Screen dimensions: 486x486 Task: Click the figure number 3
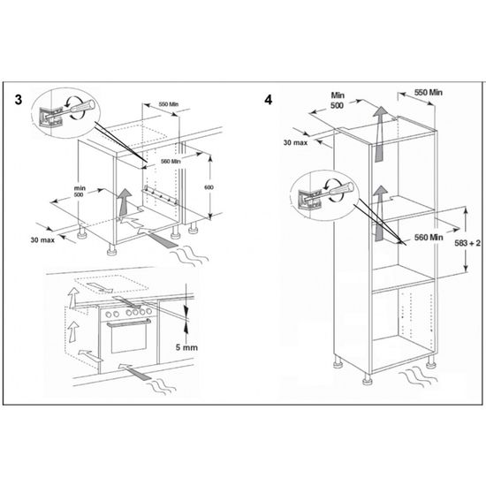pyautogui.click(x=19, y=100)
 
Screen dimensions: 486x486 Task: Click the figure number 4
pyautogui.click(x=269, y=100)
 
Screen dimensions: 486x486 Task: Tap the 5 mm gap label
pyautogui.click(x=186, y=347)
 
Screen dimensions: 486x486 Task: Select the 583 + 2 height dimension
pyautogui.click(x=467, y=243)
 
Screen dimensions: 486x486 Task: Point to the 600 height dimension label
pyautogui.click(x=209, y=187)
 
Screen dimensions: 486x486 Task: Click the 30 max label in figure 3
pyautogui.click(x=42, y=239)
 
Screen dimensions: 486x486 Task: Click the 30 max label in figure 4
pyautogui.click(x=295, y=142)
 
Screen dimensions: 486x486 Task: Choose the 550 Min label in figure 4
pyautogui.click(x=429, y=93)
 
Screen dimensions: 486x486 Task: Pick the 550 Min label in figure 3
pyautogui.click(x=169, y=104)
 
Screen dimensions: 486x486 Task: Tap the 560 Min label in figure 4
pyautogui.click(x=429, y=238)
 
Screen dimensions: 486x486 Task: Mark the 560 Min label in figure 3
pyautogui.click(x=171, y=161)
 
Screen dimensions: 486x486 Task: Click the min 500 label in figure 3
pyautogui.click(x=80, y=191)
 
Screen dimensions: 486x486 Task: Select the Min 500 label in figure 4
pyautogui.click(x=338, y=100)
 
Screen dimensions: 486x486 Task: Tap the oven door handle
pyautogui.click(x=129, y=323)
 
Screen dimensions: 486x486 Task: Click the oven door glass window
pyautogui.click(x=128, y=338)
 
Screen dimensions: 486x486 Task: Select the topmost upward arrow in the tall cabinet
pyautogui.click(x=380, y=134)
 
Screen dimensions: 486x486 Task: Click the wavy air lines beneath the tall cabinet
pyautogui.click(x=417, y=376)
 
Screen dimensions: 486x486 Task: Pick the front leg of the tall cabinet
pyautogui.click(x=368, y=379)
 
